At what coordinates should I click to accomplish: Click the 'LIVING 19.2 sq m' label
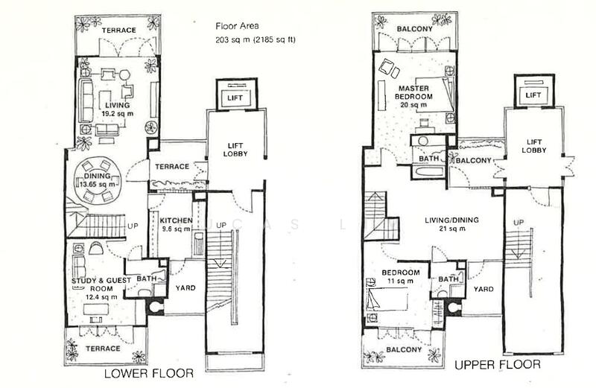click(x=115, y=109)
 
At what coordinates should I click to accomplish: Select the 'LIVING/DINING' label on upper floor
click(x=452, y=220)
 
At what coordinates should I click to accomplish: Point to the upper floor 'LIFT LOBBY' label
click(x=533, y=145)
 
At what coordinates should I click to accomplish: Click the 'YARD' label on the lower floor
click(x=185, y=284)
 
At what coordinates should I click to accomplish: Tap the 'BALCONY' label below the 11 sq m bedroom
click(x=405, y=349)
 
